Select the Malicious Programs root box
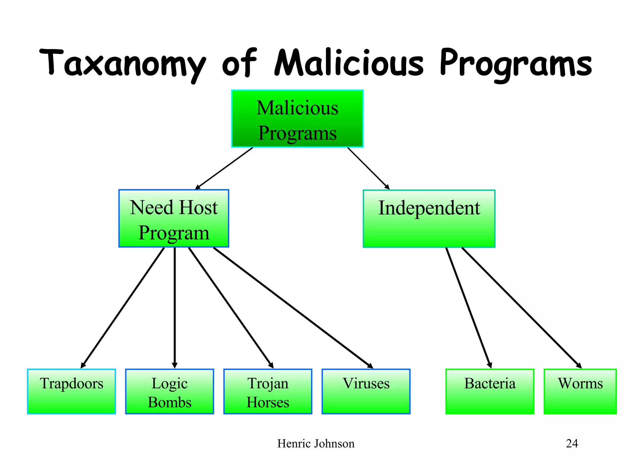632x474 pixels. [x=297, y=119]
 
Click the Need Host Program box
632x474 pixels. [x=174, y=218]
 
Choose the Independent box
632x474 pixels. [x=429, y=218]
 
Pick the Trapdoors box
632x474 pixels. [x=71, y=391]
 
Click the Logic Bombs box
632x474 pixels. [x=169, y=391]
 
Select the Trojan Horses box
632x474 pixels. [x=268, y=391]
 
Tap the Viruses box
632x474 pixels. [x=366, y=391]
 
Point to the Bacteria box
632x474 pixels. [x=490, y=391]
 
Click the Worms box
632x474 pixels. [x=580, y=391]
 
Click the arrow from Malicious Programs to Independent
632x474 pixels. [x=368, y=168]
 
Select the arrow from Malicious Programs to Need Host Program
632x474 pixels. [x=224, y=168]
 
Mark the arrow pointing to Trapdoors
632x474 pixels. [x=123, y=308]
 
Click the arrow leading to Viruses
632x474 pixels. [x=293, y=308]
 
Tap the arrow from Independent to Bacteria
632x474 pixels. [x=468, y=308]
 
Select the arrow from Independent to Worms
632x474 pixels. [x=522, y=308]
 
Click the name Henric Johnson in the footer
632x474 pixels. [x=316, y=444]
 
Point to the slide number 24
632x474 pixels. [x=572, y=444]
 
